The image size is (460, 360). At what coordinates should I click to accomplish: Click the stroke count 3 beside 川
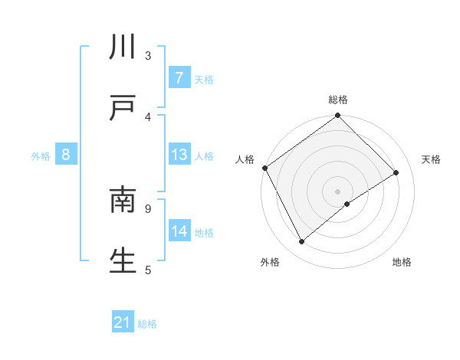click(148, 55)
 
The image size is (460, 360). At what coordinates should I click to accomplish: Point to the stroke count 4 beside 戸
click(148, 116)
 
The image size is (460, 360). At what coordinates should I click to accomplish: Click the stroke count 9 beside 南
click(148, 208)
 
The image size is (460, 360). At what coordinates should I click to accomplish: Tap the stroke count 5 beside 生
click(148, 269)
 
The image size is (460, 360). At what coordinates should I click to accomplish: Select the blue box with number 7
click(179, 78)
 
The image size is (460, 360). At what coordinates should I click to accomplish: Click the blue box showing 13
click(179, 155)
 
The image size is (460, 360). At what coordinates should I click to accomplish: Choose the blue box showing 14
click(179, 231)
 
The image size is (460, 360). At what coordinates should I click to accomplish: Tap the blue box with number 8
click(66, 155)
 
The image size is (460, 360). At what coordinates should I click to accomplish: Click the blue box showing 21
click(123, 322)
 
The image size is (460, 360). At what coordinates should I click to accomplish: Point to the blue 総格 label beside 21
click(147, 323)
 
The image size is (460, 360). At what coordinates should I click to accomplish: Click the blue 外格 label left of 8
click(41, 155)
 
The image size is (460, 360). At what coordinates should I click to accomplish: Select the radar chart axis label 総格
click(338, 100)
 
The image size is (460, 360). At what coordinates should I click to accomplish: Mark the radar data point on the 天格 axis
click(396, 173)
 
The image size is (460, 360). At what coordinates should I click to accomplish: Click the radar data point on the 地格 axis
click(347, 204)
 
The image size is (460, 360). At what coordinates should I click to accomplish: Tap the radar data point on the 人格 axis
click(264, 168)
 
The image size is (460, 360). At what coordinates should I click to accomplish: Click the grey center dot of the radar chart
click(338, 191)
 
